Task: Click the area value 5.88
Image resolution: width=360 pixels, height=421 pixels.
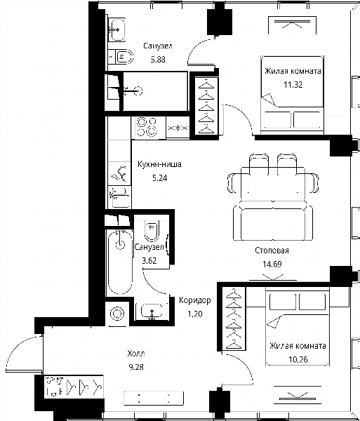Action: pyautogui.click(x=158, y=60)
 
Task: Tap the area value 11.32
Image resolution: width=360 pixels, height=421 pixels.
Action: pyautogui.click(x=293, y=85)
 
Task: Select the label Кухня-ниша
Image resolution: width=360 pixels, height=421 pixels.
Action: pyautogui.click(x=159, y=164)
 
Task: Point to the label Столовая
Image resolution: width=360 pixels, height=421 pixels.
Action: pyautogui.click(x=272, y=250)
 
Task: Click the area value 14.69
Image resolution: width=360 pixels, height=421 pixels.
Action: pyautogui.click(x=272, y=264)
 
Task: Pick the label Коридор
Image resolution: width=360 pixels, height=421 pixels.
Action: pyautogui.click(x=195, y=300)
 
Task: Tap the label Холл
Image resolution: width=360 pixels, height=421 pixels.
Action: pyautogui.click(x=136, y=354)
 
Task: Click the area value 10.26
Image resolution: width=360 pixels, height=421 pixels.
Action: pyautogui.click(x=298, y=359)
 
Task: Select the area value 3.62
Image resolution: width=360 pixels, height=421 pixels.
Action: pyautogui.click(x=149, y=260)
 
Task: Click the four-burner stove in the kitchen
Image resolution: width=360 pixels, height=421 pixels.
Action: pyautogui.click(x=147, y=128)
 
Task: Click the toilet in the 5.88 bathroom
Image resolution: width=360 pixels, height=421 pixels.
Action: pyautogui.click(x=124, y=57)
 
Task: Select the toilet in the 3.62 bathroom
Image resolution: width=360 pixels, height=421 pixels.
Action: pyautogui.click(x=152, y=230)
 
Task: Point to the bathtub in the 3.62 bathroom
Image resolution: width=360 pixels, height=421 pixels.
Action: pyautogui.click(x=120, y=262)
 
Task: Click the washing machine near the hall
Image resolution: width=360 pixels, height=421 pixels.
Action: pyautogui.click(x=117, y=314)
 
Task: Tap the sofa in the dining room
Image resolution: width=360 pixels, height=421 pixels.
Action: pyautogui.click(x=273, y=220)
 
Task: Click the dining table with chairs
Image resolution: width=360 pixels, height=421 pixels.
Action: pyautogui.click(x=273, y=178)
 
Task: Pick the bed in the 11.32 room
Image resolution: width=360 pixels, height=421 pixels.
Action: pyautogui.click(x=292, y=95)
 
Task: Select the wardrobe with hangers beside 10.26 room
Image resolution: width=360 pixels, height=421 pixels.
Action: pyautogui.click(x=234, y=319)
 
